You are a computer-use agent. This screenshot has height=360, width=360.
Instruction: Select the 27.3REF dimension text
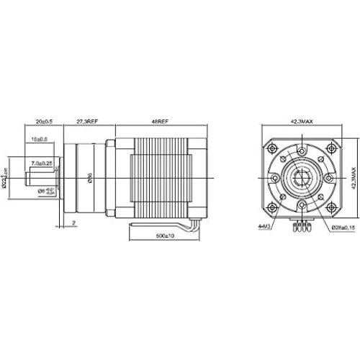pos(87,122)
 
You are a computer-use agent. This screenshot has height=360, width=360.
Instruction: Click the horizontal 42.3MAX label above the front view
pos(302,122)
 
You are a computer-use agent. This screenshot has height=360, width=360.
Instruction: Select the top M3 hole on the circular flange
pos(302,150)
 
